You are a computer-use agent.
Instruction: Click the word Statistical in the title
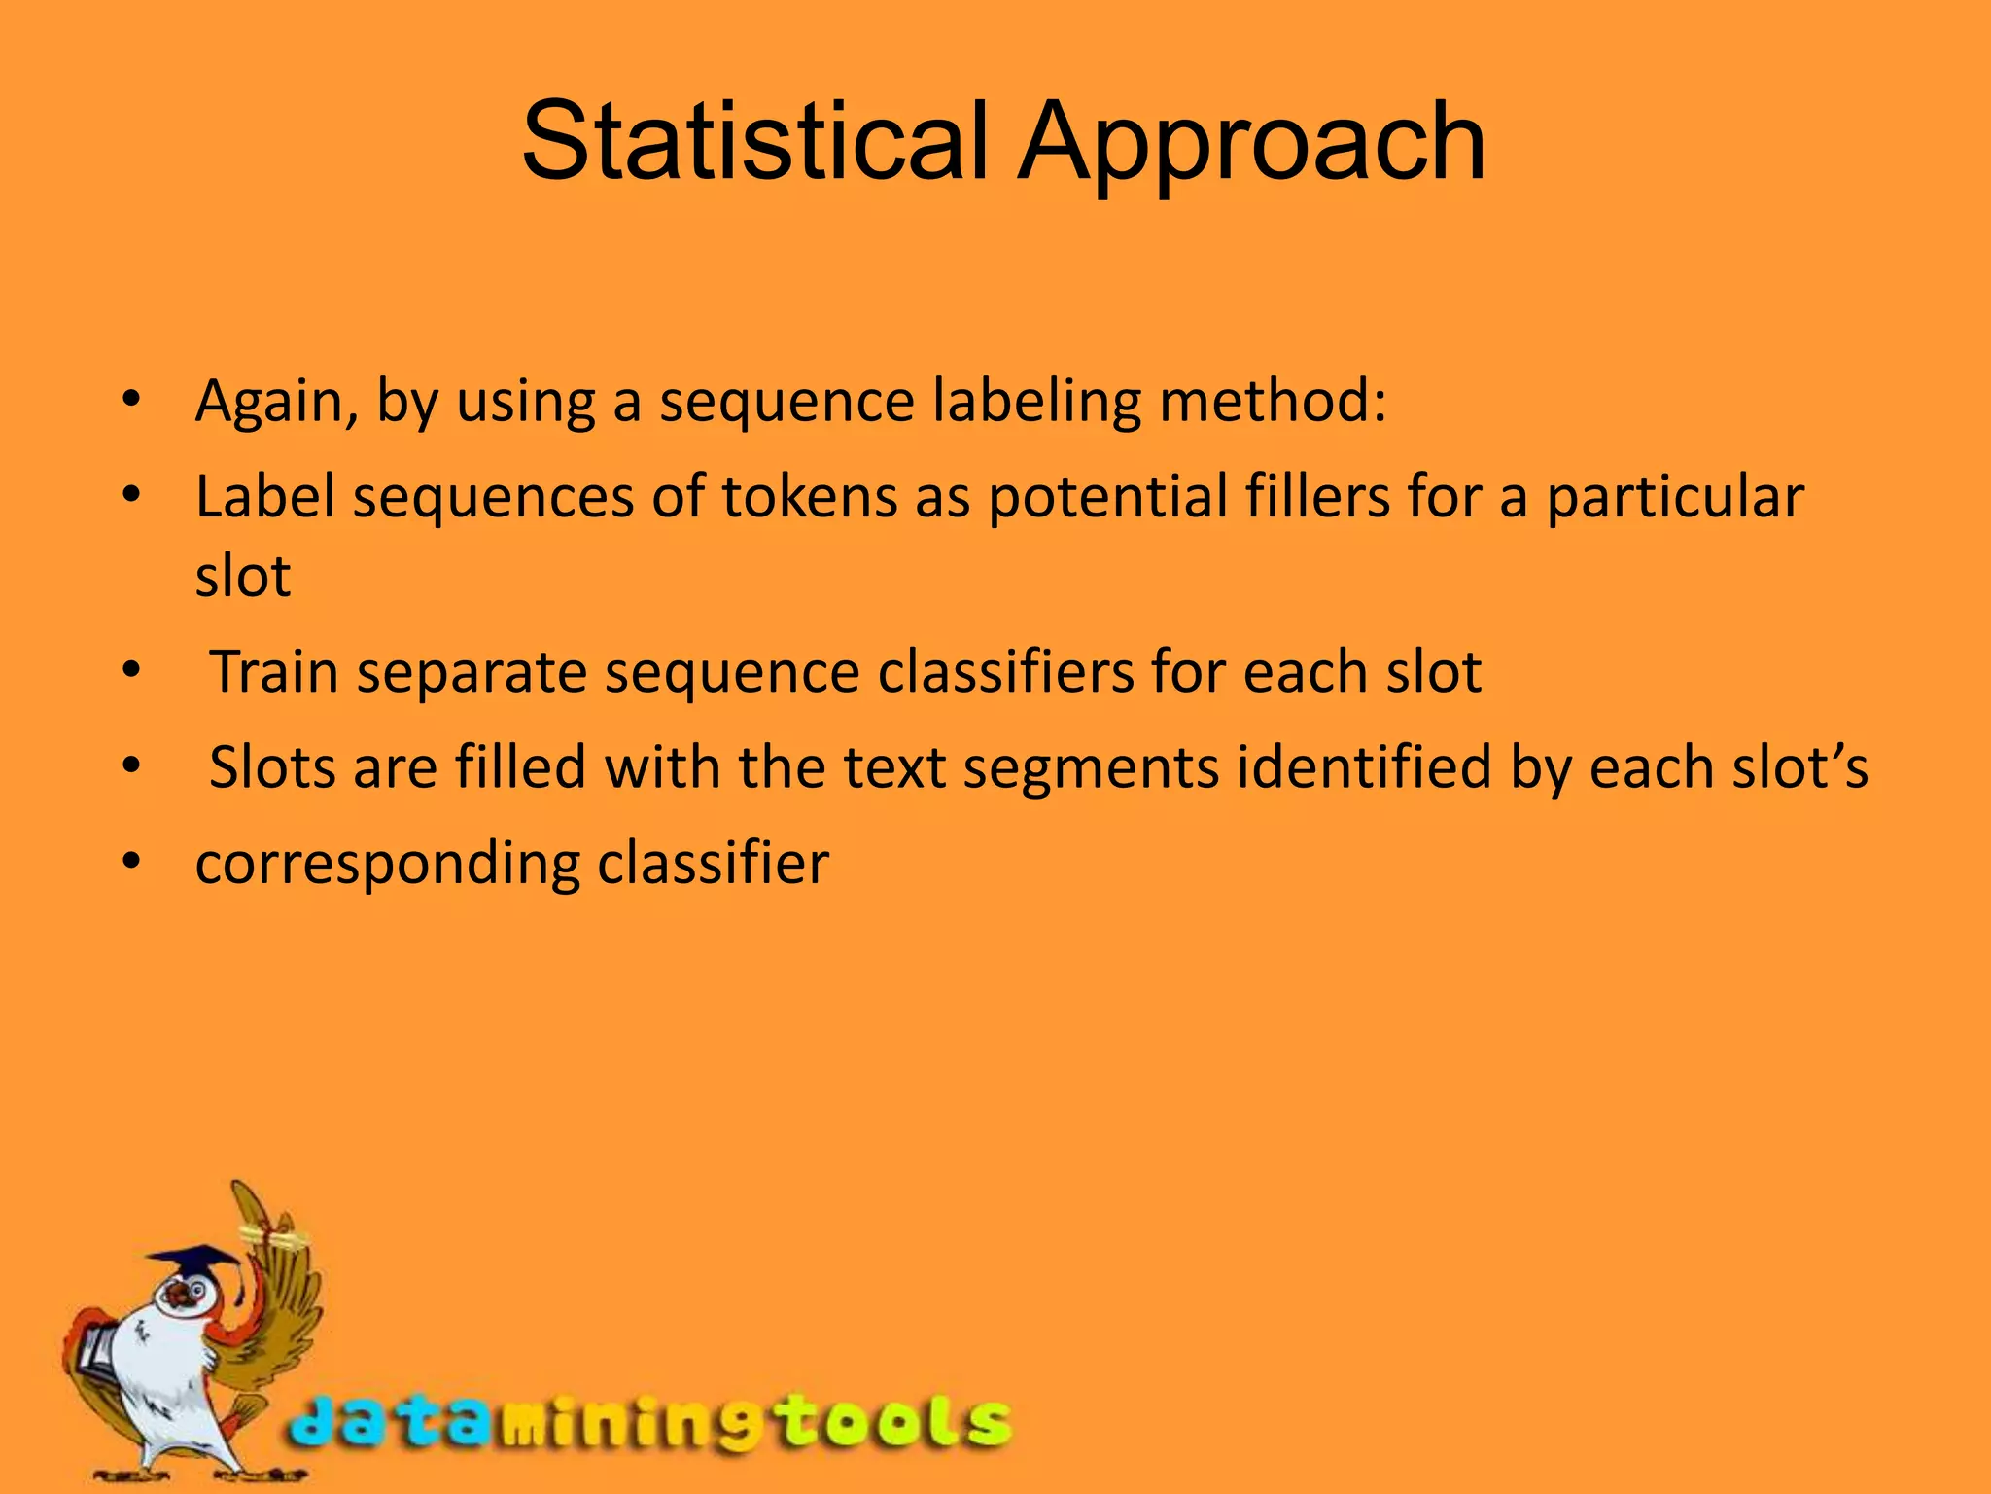click(x=754, y=143)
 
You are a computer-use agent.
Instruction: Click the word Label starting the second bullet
click(x=264, y=497)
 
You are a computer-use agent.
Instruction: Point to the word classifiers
click(x=1005, y=672)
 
